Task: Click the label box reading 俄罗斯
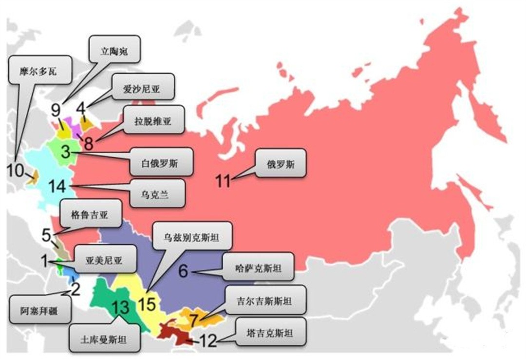point(280,162)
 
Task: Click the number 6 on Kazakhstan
point(183,270)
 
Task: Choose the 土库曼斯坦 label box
point(103,339)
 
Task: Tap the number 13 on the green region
point(121,308)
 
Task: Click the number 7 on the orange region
point(193,321)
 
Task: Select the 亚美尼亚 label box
point(104,261)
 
